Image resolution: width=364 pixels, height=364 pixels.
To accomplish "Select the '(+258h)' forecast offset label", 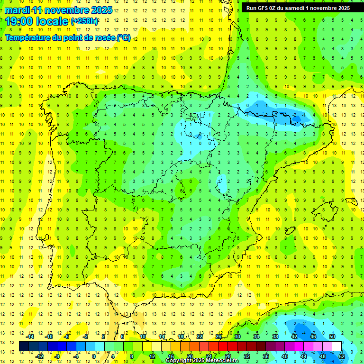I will [x=84, y=21].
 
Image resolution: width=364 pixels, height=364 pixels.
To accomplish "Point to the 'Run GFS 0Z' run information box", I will [x=298, y=8].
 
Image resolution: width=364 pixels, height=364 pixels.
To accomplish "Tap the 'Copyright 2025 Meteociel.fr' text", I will [x=202, y=361].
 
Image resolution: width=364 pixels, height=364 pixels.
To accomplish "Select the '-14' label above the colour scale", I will [x=30, y=337].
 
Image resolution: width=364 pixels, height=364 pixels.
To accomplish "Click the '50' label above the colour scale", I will [x=332, y=337].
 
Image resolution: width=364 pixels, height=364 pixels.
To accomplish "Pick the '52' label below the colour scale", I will [x=342, y=356].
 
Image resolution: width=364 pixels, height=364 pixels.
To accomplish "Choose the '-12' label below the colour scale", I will [x=39, y=356].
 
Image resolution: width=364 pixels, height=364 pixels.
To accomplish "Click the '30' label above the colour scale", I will [x=237, y=337].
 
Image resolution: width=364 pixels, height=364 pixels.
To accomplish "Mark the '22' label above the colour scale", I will [x=200, y=337].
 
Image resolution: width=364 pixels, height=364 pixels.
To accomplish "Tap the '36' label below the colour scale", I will [x=266, y=356].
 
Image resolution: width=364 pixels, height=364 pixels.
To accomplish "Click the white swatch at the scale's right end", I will [x=337, y=346].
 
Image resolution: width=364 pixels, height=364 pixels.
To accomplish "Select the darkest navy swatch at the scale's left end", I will [x=24, y=346].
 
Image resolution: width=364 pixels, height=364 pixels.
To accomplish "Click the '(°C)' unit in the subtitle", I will [x=124, y=38].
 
